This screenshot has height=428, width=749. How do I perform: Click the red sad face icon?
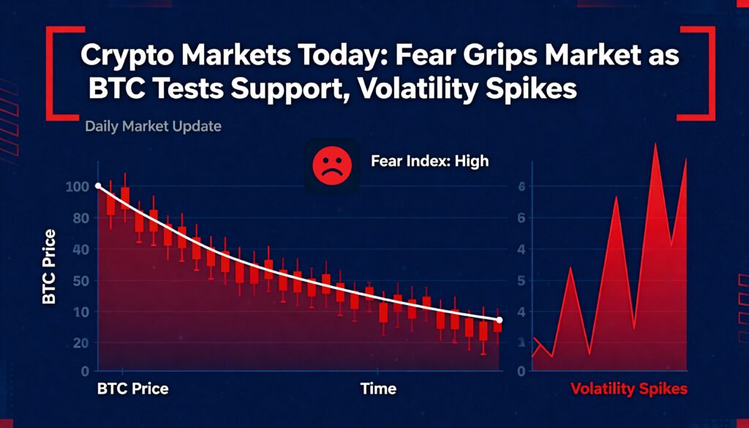point(332,165)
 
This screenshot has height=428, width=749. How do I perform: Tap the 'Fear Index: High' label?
point(430,161)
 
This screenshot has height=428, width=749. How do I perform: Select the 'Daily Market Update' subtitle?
point(153,127)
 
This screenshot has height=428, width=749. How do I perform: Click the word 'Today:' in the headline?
point(332,56)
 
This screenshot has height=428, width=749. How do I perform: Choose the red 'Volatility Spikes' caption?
point(628,388)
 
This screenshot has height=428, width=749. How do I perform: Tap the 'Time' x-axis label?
point(378,388)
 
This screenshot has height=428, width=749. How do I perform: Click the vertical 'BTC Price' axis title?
point(49,266)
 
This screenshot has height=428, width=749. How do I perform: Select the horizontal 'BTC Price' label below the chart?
point(133,388)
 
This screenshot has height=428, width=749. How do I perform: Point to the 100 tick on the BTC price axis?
point(77,187)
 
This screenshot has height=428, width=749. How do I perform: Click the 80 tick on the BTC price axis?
point(80,218)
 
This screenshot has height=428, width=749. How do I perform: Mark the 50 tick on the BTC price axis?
point(80,280)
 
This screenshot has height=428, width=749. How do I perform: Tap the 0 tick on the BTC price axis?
point(85,371)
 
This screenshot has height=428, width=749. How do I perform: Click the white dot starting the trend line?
point(98,186)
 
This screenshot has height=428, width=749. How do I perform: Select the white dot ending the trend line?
point(499,320)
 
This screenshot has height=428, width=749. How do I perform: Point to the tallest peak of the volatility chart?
point(655,143)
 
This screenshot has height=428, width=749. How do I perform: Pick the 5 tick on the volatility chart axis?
point(522,280)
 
